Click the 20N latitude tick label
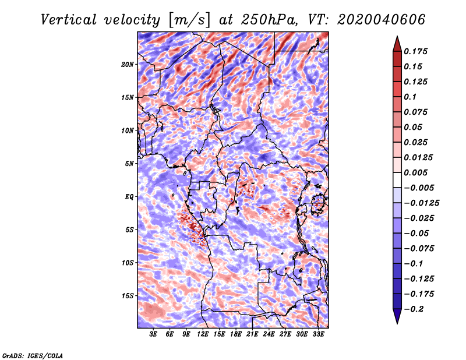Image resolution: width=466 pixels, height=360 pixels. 128,64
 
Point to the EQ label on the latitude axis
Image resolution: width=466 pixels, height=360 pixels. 129,197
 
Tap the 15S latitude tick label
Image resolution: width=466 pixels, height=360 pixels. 128,296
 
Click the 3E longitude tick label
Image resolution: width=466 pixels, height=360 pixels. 153,335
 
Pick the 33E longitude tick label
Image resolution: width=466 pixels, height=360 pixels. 318,335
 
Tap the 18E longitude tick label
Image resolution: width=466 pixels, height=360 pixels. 236,335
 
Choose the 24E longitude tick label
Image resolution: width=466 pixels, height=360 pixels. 269,335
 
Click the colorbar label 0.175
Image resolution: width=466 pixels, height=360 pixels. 416,51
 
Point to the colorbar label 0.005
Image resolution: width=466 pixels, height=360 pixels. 416,172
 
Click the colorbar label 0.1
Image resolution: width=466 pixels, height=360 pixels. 410,97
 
